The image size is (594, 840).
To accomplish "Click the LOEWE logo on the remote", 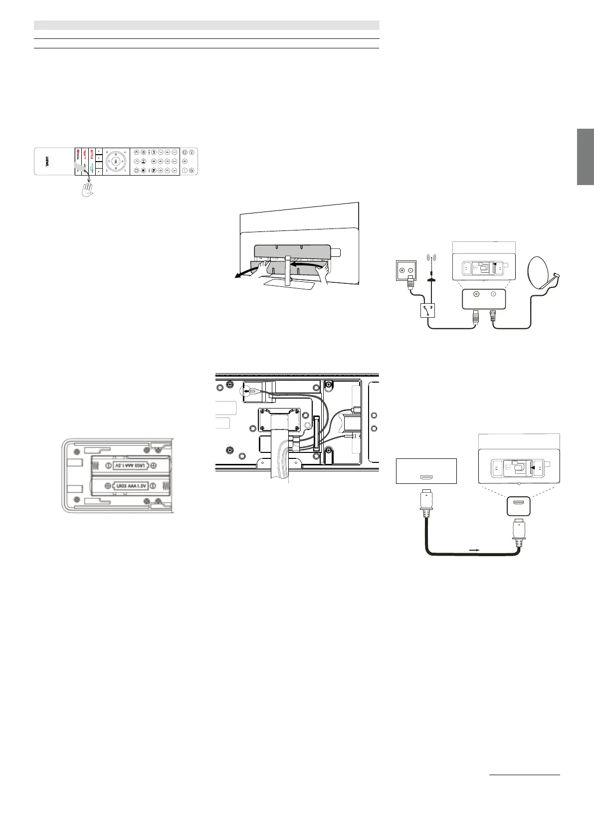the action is (47, 161).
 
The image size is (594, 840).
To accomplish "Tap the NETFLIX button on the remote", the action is (92, 153).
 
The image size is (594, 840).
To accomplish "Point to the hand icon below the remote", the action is (89, 189).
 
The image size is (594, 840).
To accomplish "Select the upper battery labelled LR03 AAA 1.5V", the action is (130, 465).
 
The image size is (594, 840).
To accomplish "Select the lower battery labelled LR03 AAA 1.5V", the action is (130, 484).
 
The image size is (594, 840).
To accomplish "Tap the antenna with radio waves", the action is (430, 265).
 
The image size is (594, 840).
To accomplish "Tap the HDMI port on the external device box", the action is (426, 477).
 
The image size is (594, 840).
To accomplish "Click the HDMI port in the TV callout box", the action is (518, 506).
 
